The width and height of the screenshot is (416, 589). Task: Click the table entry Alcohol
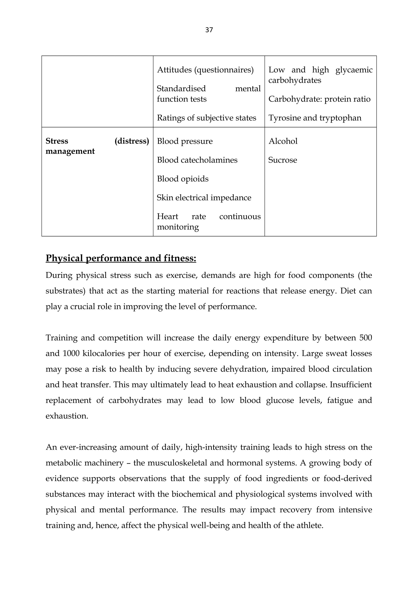click(x=283, y=141)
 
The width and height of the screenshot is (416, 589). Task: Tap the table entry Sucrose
click(x=283, y=160)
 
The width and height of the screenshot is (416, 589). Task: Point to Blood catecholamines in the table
click(x=197, y=160)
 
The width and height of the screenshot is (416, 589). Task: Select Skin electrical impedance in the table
click(x=204, y=198)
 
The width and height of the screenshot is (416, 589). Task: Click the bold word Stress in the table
click(x=57, y=141)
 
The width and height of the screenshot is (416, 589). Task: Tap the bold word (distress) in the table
click(x=132, y=141)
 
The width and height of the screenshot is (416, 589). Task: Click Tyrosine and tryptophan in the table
click(x=315, y=118)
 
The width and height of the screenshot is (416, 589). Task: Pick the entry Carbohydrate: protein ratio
click(x=319, y=99)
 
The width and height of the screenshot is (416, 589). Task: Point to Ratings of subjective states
click(x=206, y=118)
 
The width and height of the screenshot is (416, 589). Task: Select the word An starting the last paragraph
click(x=51, y=447)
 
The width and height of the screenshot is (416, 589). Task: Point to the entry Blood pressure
click(x=185, y=141)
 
